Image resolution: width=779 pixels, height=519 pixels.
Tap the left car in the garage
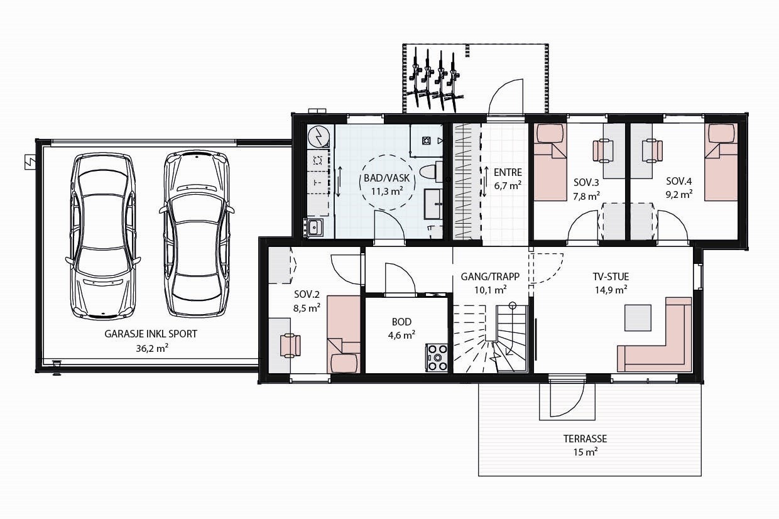coord(103,236)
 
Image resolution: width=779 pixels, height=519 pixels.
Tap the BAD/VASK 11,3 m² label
coord(387,185)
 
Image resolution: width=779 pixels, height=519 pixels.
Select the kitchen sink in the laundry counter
coord(314,227)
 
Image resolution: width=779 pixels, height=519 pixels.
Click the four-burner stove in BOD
coord(437,357)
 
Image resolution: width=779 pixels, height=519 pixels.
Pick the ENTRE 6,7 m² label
coord(508,179)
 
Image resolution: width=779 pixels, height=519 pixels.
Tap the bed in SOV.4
coord(721,161)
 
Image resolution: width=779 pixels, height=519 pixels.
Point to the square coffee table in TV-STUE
coord(638,317)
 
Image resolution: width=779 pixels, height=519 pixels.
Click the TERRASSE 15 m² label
coord(585,445)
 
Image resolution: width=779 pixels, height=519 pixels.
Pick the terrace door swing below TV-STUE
coord(567,400)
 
